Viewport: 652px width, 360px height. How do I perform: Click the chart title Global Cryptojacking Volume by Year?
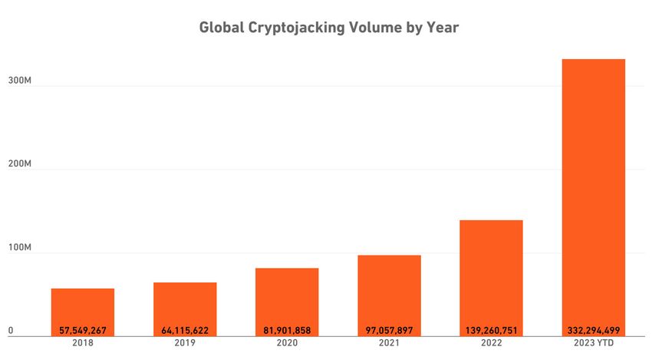click(x=328, y=28)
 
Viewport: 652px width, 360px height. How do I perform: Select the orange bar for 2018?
click(x=83, y=307)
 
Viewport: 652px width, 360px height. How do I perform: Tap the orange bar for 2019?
click(x=185, y=304)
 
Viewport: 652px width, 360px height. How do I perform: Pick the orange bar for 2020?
click(x=287, y=296)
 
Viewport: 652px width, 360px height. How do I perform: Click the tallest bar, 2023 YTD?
click(x=593, y=192)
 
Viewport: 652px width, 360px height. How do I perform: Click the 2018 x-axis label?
click(x=83, y=344)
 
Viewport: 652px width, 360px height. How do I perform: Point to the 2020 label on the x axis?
click(x=287, y=344)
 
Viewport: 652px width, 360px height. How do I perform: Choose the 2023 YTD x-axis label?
click(x=593, y=344)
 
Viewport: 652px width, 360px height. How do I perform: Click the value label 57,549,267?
click(x=83, y=331)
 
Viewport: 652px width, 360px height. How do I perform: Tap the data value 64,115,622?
click(x=185, y=331)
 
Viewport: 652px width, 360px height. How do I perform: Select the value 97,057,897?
click(x=389, y=331)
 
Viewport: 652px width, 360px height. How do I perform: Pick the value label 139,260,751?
click(x=491, y=331)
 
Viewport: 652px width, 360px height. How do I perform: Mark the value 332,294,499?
click(x=593, y=331)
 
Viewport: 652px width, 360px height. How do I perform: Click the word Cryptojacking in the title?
click(x=304, y=28)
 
